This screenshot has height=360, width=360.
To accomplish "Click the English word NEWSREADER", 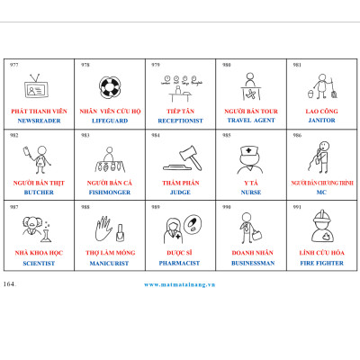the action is (x=39, y=121).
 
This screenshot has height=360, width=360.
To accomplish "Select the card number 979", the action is (x=156, y=65).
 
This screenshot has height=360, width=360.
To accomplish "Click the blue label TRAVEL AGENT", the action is (x=251, y=121).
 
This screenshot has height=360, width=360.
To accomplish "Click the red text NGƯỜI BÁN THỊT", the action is (x=39, y=183).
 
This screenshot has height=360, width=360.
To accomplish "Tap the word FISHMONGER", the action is (x=110, y=193).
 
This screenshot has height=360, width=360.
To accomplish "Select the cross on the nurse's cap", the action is (x=248, y=150).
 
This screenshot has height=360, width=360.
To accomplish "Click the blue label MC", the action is (x=321, y=193).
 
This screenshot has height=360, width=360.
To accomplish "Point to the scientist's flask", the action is (x=47, y=235).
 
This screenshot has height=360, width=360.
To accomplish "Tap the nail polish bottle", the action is (x=120, y=233).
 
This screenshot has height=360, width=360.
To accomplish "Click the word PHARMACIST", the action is (x=179, y=263).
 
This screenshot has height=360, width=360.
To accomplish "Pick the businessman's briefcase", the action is (x=257, y=235).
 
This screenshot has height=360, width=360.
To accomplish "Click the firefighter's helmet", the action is (x=321, y=220).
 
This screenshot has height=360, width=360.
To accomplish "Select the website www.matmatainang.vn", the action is (x=180, y=284).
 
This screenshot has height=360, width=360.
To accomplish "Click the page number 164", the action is (x=9, y=284).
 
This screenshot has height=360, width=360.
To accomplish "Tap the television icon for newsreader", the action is (x=36, y=86).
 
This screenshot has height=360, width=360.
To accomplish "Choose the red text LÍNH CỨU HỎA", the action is (x=321, y=253).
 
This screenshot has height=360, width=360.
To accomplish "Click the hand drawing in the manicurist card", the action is (x=103, y=229).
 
